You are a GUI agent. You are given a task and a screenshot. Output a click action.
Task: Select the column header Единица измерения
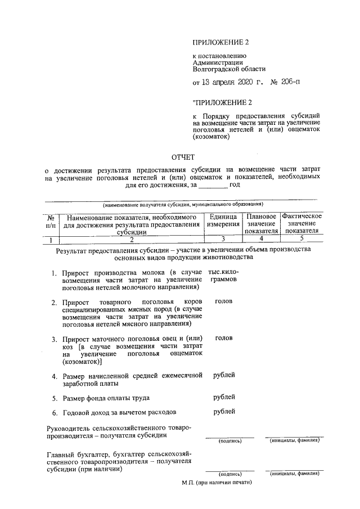(x=223, y=221)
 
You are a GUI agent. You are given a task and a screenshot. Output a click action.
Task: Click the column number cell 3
(x=223, y=238)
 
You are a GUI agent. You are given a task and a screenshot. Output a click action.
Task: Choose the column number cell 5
(x=301, y=238)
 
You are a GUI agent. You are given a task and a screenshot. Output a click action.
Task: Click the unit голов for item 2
(x=223, y=301)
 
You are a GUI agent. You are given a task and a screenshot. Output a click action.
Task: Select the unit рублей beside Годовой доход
(x=224, y=411)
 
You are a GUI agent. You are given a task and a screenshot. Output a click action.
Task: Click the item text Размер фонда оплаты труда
(x=105, y=398)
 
